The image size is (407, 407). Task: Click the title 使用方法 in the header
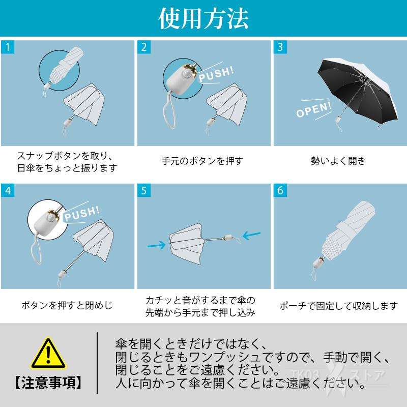tap(203, 18)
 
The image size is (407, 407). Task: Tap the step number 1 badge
tap(8, 47)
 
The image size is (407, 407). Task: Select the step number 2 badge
tap(144, 47)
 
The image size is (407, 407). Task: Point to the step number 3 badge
tap(280, 47)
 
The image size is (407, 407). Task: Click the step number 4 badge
tap(8, 190)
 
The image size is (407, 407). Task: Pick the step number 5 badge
tap(144, 190)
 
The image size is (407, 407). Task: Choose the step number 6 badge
tap(280, 190)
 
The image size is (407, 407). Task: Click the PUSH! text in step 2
tap(216, 74)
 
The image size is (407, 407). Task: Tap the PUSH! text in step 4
tap(82, 214)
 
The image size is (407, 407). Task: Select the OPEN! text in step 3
tap(314, 109)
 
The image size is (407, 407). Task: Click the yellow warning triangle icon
tap(48, 353)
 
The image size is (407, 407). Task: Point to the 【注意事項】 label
tap(48, 383)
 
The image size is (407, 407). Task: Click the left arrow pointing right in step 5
tap(156, 245)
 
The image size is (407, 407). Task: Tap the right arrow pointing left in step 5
tap(251, 235)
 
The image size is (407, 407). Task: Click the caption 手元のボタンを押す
tap(202, 161)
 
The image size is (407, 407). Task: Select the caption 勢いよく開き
tap(338, 161)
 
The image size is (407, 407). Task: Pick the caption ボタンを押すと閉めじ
tap(67, 305)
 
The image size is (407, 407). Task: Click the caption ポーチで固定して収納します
tap(339, 306)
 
